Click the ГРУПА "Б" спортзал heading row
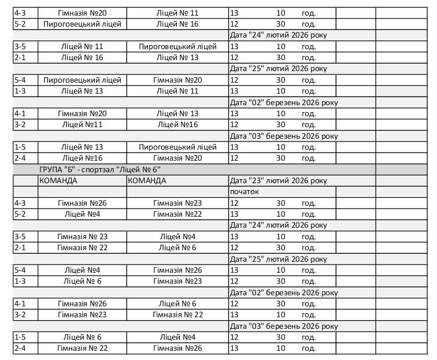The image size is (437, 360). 99,169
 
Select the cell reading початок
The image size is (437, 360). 245,191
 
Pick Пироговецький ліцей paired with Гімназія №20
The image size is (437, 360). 82,80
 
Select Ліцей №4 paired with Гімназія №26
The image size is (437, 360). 82,270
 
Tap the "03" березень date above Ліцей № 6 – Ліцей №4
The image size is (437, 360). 283,326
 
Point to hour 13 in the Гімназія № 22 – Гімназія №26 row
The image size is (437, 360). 234,348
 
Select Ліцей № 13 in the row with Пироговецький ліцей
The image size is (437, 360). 82,147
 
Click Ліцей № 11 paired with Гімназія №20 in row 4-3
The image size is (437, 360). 177,13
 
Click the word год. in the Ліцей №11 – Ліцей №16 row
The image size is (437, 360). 308,124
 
